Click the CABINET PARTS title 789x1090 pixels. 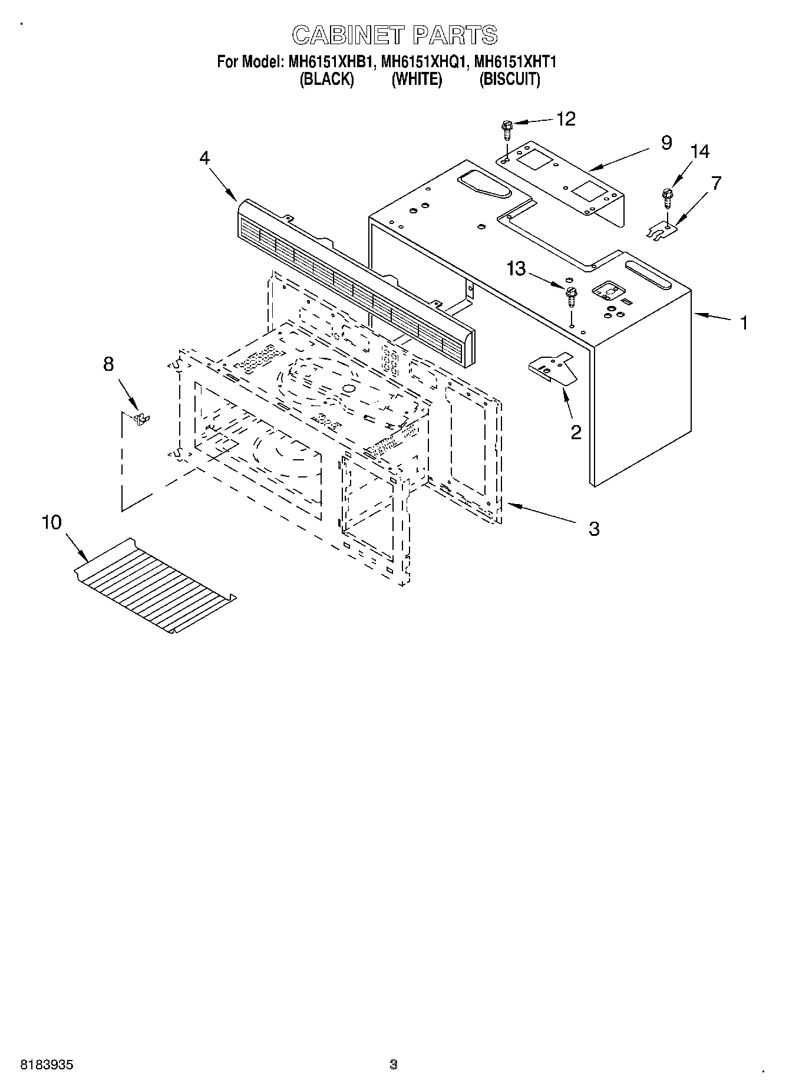395,35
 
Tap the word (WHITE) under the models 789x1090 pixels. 417,79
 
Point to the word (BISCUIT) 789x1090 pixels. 509,79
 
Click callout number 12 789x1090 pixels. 565,119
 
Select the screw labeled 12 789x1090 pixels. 506,128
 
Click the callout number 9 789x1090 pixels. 666,143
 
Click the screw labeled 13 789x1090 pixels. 571,296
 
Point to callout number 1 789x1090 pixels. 744,323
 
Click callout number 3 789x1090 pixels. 593,529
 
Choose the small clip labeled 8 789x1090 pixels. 141,419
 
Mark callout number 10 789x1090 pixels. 52,522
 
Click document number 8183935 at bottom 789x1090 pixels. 47,1065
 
